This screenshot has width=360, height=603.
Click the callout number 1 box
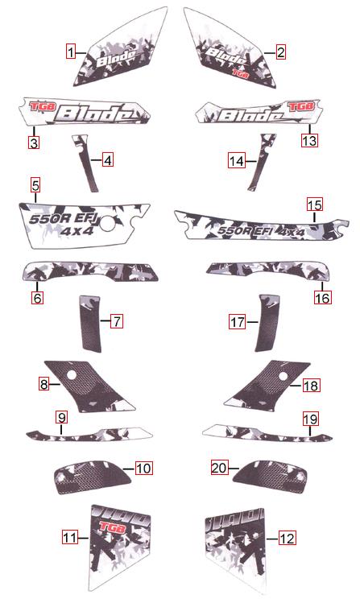coord(71,52)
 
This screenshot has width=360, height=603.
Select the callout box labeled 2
coord(280,52)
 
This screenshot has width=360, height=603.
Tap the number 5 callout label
coord(35,185)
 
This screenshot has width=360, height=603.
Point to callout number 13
coord(309,139)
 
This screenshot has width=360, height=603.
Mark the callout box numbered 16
coord(321,298)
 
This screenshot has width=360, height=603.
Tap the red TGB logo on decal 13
coord(300,105)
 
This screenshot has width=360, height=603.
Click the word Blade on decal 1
coord(115,58)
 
